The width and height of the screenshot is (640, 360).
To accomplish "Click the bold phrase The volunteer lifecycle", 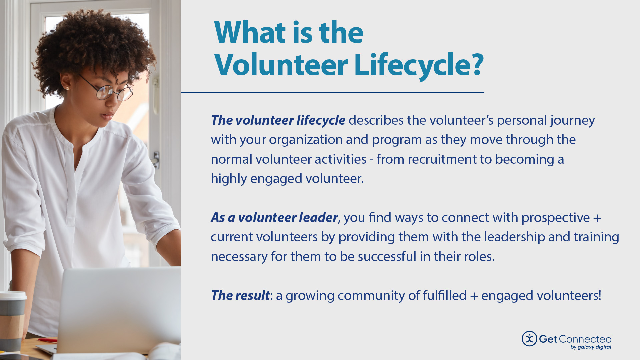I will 278,120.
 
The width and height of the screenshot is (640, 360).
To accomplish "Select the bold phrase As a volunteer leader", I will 274,218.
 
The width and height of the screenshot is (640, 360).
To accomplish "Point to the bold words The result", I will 240,296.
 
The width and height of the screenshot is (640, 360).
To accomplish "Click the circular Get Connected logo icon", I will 529,339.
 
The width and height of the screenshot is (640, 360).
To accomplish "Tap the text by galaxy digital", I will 591,347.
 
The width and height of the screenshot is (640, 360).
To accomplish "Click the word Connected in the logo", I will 585,339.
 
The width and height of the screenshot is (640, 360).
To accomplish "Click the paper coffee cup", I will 12,320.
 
